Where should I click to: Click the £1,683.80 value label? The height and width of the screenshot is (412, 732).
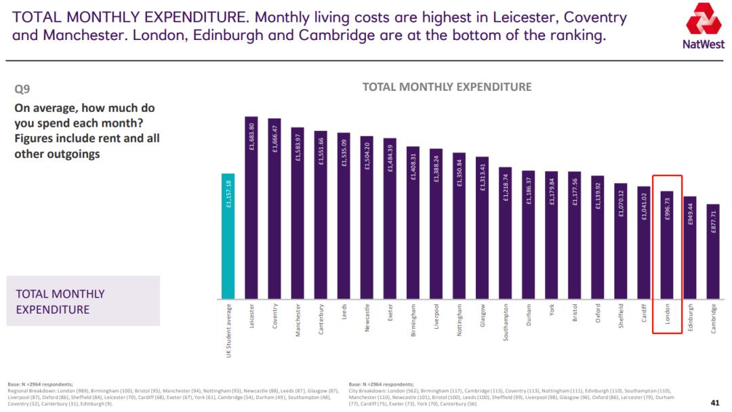coord(251,136)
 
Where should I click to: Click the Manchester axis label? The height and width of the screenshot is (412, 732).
coord(298,320)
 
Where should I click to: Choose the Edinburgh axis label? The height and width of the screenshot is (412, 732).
coord(690,316)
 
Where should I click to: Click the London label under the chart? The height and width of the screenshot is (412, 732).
coord(667,315)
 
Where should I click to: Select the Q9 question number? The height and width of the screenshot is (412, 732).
coord(22,89)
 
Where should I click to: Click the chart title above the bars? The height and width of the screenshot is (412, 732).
coord(447,87)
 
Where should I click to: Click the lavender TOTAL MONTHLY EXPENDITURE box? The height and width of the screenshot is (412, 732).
coord(83,301)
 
